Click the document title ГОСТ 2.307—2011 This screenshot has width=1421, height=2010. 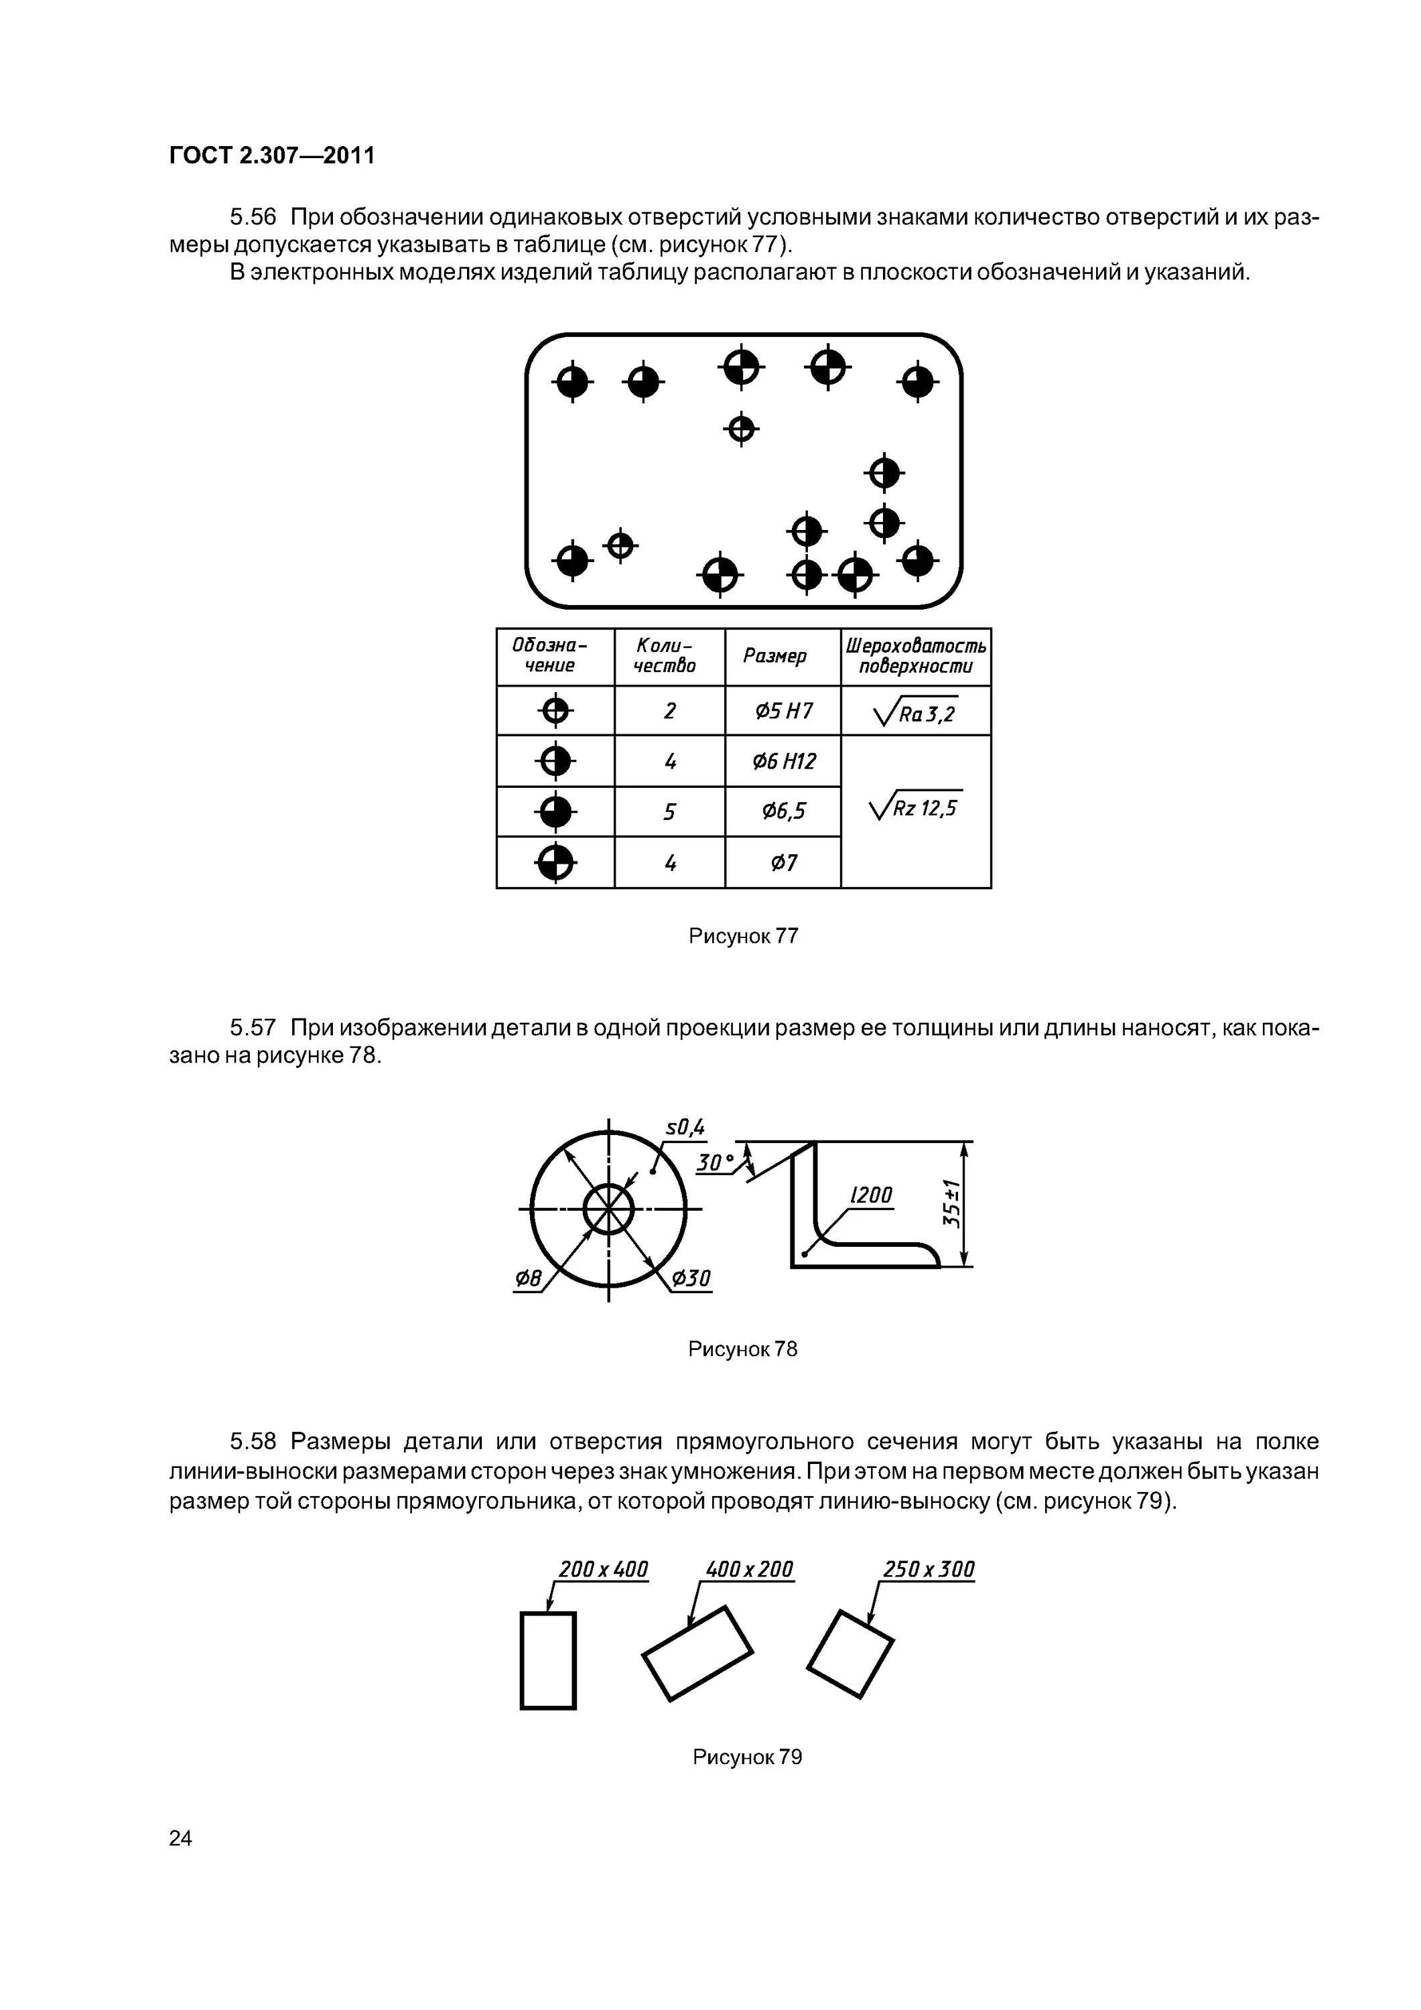tap(271, 156)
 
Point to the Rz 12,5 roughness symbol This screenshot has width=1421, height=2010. tap(916, 806)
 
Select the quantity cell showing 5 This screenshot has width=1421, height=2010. tap(670, 813)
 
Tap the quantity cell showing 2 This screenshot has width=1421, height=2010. tap(670, 711)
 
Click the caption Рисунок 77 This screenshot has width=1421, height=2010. tap(744, 936)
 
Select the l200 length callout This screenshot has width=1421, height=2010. tap(871, 1195)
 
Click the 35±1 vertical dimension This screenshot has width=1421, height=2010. tap(953, 1204)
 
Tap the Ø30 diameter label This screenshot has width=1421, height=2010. tap(691, 1279)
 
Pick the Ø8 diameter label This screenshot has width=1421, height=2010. tap(528, 1279)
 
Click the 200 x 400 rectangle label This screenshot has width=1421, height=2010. tap(603, 1570)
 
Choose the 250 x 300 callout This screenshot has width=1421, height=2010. tap(928, 1570)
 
